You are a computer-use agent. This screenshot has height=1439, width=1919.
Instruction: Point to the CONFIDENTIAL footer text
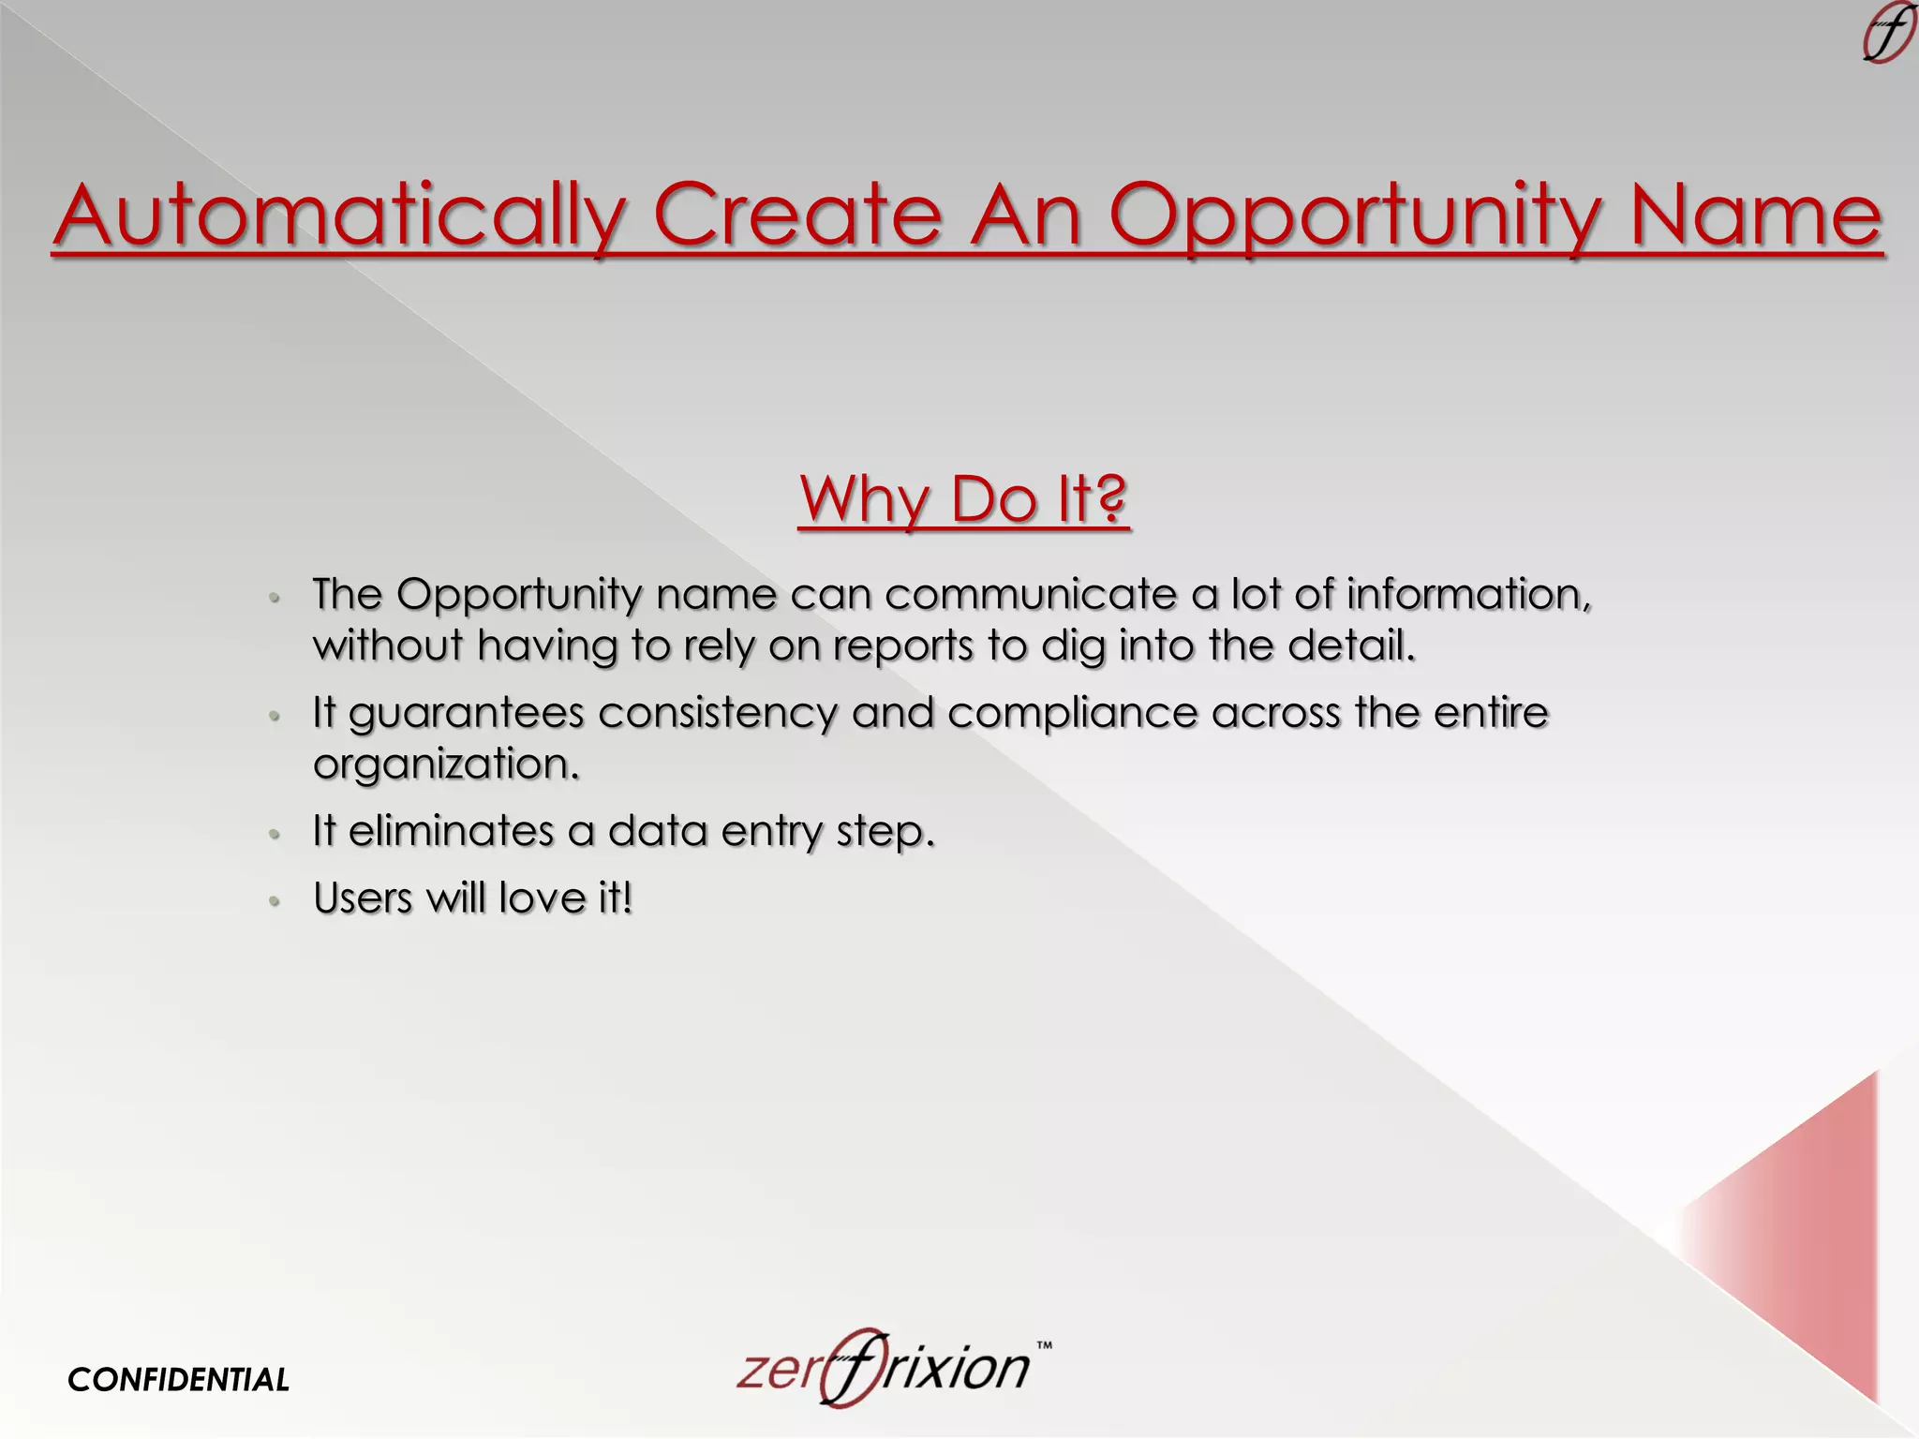tap(178, 1379)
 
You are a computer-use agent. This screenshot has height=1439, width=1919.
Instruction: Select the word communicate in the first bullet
tap(1030, 594)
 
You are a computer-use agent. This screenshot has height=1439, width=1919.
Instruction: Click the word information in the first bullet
tap(1467, 594)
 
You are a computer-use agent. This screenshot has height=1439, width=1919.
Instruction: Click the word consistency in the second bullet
tap(717, 714)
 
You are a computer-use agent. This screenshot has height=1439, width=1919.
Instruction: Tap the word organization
tap(446, 764)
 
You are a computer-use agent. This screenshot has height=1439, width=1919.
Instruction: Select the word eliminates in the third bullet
tap(451, 831)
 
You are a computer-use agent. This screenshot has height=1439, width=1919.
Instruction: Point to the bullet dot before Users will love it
tap(275, 901)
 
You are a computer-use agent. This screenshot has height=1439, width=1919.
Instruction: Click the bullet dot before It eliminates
tap(275, 834)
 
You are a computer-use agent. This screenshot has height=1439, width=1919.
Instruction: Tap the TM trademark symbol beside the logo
tap(1044, 1345)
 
